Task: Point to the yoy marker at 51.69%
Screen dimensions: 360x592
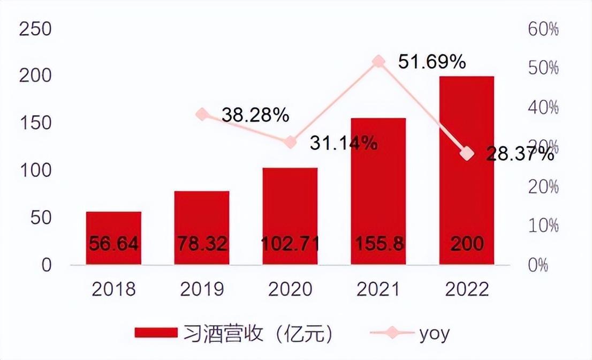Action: pyautogui.click(x=378, y=62)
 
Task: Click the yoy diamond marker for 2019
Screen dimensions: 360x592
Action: pyautogui.click(x=202, y=114)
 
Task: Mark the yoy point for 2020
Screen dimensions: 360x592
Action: pyautogui.click(x=290, y=142)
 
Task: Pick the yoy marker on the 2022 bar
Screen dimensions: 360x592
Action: pyautogui.click(x=467, y=154)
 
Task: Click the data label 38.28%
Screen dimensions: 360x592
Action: pyautogui.click(x=255, y=114)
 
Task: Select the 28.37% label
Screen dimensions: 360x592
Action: pyautogui.click(x=520, y=155)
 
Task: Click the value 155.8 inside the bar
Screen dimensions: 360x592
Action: pyautogui.click(x=378, y=244)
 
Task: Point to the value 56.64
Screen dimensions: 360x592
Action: pyautogui.click(x=113, y=244)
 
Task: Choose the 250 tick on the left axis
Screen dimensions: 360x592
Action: pyautogui.click(x=35, y=29)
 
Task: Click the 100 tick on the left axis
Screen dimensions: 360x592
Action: pyautogui.click(x=35, y=171)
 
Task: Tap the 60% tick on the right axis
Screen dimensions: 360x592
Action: pyautogui.click(x=543, y=29)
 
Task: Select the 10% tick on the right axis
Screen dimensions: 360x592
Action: pyautogui.click(x=543, y=226)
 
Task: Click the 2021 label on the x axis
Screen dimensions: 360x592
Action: pyautogui.click(x=378, y=289)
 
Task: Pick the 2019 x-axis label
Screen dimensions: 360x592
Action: pyautogui.click(x=202, y=289)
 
